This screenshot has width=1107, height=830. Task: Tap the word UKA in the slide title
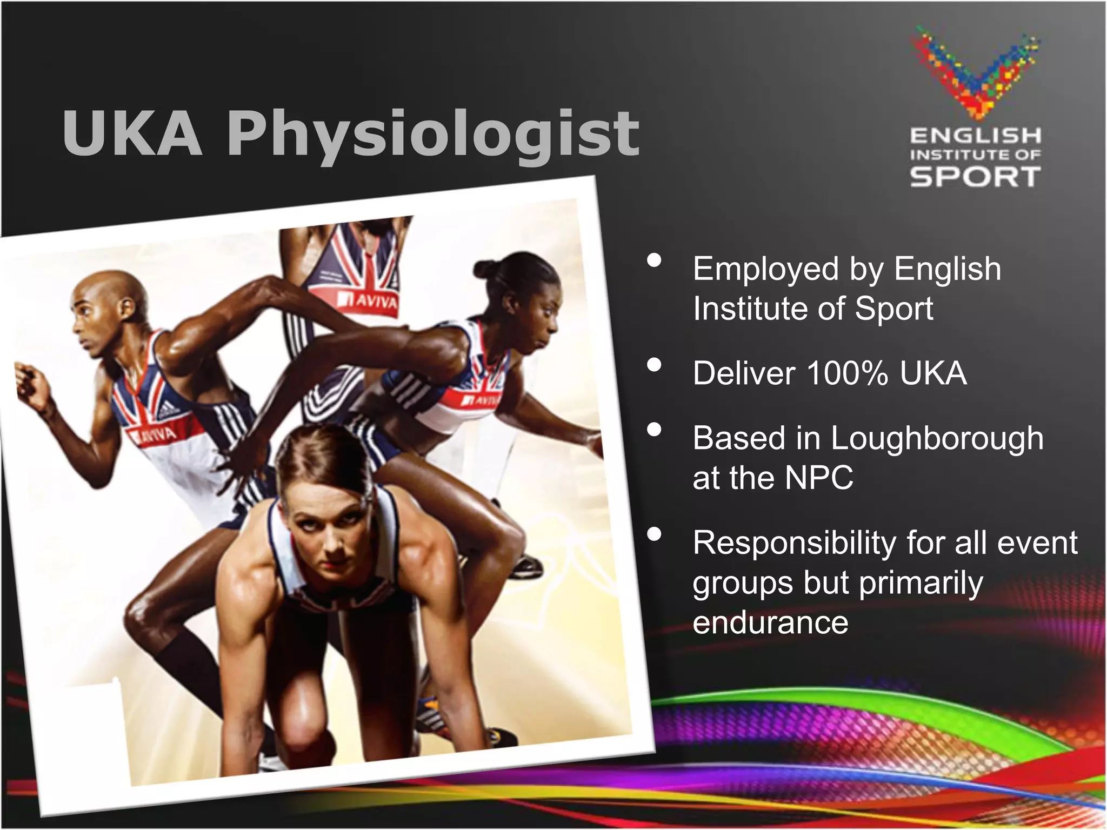pyautogui.click(x=132, y=134)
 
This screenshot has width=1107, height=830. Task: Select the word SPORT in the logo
pyautogui.click(x=975, y=177)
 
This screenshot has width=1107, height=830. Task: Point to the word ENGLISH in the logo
pyautogui.click(x=976, y=136)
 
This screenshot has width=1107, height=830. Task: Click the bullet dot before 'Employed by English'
pyautogui.click(x=654, y=261)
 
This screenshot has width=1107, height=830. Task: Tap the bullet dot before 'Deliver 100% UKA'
pyautogui.click(x=654, y=366)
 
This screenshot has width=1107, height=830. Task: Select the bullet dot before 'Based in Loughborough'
pyautogui.click(x=654, y=430)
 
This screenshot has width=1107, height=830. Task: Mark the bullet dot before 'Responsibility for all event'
pyautogui.click(x=654, y=534)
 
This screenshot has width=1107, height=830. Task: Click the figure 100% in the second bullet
pyautogui.click(x=847, y=373)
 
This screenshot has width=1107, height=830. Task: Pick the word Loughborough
pyautogui.click(x=937, y=438)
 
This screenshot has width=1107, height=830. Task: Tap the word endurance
pyautogui.click(x=770, y=622)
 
